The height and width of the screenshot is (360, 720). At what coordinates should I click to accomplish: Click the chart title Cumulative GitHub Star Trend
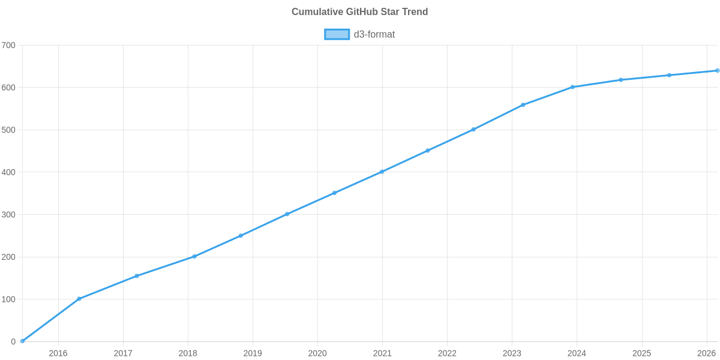point(359,12)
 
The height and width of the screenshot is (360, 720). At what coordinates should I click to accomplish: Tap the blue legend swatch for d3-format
point(337,34)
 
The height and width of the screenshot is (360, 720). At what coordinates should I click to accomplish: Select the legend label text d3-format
point(374,34)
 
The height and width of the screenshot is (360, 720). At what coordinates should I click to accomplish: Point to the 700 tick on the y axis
point(8,46)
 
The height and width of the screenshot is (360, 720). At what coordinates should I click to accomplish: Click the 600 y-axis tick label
point(8,88)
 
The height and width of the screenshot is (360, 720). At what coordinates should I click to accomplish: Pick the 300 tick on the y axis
point(8,215)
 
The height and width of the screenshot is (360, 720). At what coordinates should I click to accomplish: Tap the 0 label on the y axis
point(13,342)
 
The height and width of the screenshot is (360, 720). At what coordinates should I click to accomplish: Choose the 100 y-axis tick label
point(8,299)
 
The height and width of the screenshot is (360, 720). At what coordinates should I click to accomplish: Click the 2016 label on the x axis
point(58,353)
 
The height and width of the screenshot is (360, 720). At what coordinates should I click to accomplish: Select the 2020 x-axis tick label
point(317,353)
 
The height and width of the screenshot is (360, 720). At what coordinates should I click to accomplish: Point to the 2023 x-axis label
point(512,353)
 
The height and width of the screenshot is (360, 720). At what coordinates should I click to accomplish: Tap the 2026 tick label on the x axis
point(706,353)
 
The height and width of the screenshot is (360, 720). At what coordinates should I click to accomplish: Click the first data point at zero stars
point(22,341)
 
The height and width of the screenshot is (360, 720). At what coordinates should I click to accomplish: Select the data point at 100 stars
point(79,299)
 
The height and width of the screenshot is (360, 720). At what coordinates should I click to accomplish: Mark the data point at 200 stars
point(194,256)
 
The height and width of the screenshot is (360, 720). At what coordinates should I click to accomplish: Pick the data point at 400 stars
point(382,172)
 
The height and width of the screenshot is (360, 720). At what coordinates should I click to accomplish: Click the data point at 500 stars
point(473,130)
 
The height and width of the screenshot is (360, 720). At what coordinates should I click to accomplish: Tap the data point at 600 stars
point(572,87)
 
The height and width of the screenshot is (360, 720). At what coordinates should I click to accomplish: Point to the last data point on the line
point(717,71)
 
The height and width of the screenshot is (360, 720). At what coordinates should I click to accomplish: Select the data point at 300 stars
point(287,214)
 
